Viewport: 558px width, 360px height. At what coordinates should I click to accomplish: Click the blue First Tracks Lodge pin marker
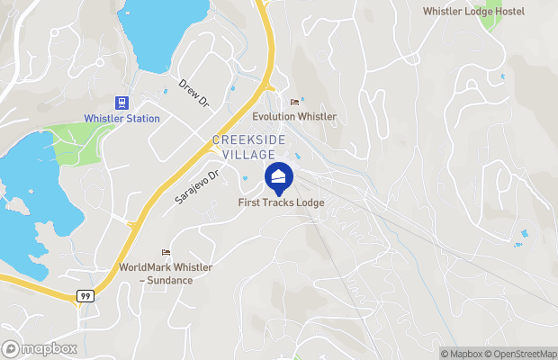[x=279, y=176]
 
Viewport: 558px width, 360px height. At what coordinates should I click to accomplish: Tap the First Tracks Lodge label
[x=281, y=202]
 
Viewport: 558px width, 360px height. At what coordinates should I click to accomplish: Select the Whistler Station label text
[x=121, y=119]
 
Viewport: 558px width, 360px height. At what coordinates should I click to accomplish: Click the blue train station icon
[x=122, y=103]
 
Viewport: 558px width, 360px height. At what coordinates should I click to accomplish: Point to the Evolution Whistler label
[x=293, y=117]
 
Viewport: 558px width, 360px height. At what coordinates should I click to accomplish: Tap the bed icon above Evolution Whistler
[x=293, y=103]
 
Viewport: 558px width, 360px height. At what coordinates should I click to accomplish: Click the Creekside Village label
[x=250, y=147]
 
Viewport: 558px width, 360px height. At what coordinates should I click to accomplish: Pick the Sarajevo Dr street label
[x=197, y=187]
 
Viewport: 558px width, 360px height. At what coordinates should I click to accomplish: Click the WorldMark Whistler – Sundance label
[x=156, y=274]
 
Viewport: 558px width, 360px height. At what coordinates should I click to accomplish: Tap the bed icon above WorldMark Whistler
[x=166, y=252]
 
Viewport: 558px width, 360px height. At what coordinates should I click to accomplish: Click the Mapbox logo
[x=40, y=348]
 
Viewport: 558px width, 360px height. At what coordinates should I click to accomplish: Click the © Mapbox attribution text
[x=462, y=354]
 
